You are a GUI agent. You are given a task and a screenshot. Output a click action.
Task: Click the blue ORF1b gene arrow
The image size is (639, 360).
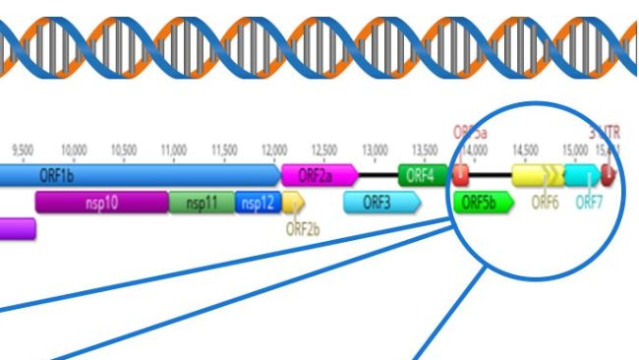(138, 175)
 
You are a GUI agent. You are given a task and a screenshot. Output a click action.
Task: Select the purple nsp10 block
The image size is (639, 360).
(100, 203)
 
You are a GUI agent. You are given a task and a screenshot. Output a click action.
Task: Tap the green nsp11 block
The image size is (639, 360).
(201, 203)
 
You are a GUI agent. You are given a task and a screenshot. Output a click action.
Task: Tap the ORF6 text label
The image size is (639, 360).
(545, 203)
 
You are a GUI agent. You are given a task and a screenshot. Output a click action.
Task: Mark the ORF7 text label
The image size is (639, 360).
(589, 203)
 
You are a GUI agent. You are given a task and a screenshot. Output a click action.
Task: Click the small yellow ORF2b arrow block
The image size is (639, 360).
(293, 203)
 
